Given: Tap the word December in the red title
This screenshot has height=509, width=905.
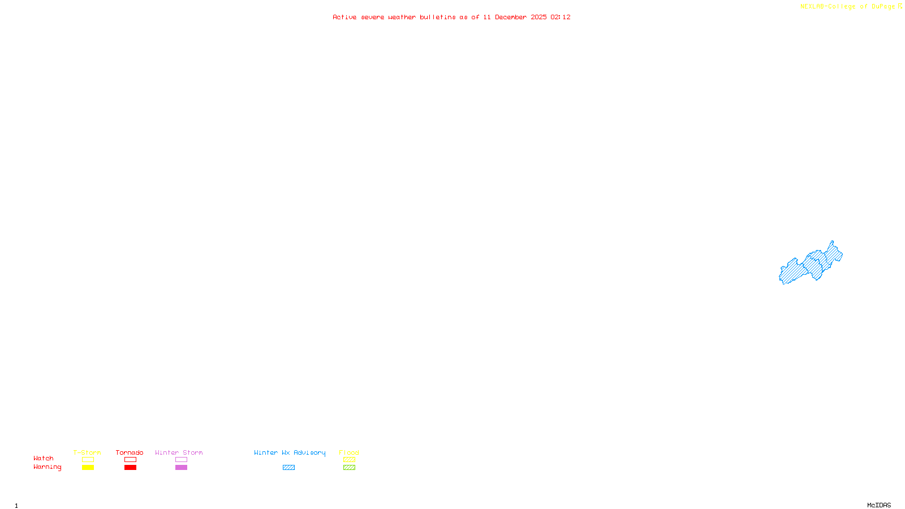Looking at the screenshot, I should coord(510,17).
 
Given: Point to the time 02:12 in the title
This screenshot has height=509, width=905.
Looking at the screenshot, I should coord(560,17).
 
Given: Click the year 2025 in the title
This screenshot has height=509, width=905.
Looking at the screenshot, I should coord(538,17).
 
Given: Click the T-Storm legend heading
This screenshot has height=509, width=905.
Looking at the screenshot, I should coord(87,452).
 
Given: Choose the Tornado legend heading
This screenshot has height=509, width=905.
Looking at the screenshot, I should coord(130,452).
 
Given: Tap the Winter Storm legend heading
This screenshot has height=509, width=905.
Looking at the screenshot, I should coord(179,452).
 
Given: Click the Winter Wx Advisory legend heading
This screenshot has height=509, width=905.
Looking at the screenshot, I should coord(290,452).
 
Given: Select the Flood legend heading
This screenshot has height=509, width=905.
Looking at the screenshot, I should coord(349,452).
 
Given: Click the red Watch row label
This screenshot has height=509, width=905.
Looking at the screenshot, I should coord(44,458).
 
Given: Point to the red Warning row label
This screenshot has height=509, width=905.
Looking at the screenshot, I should coord(47,467).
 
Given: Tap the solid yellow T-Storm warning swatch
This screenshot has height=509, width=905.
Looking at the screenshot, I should coord(88,468).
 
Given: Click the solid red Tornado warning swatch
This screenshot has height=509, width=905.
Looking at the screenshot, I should coord(130,468).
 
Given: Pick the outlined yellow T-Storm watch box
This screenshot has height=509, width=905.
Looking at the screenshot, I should coord(88,460).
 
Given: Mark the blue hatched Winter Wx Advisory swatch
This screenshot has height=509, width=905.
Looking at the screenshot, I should coord(288,468).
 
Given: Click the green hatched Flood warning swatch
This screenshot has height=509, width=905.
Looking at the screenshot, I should coord(349,468).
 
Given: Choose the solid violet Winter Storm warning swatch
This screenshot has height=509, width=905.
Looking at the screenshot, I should coord(181,468).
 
